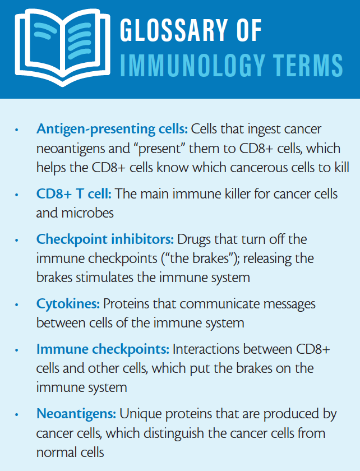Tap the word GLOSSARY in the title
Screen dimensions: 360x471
[174, 30]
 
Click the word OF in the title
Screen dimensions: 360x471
[249, 30]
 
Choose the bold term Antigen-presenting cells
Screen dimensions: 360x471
[112, 130]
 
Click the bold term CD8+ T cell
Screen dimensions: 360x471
[74, 194]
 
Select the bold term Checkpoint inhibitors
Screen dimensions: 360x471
[105, 240]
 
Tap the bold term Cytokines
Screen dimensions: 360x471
[68, 304]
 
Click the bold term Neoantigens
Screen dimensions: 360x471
[76, 414]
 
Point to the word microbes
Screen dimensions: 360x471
[87, 213]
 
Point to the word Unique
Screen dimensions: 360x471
[141, 414]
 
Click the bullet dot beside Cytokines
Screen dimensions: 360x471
[17, 305]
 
